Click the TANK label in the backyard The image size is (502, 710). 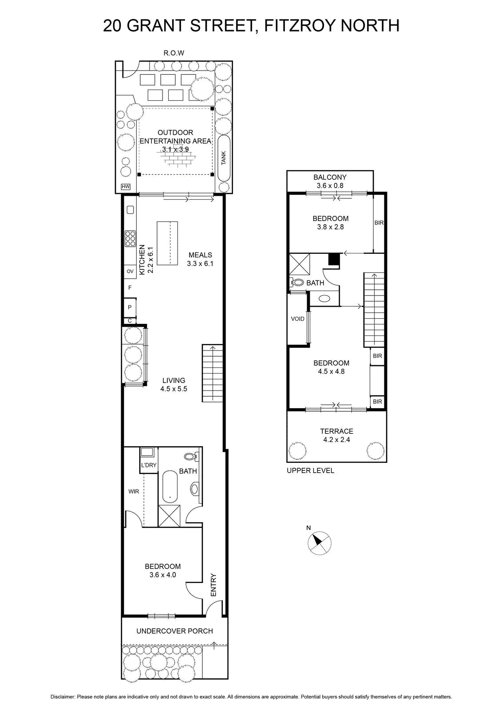click(224, 158)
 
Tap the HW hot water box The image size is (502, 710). click(126, 187)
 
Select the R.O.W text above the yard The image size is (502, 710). click(174, 53)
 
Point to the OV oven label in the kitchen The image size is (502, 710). click(130, 271)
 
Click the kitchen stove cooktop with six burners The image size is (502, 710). click(130, 239)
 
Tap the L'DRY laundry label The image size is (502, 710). click(149, 465)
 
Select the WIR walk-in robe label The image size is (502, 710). click(134, 491)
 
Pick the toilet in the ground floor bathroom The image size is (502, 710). click(191, 457)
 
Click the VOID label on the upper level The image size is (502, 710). click(297, 319)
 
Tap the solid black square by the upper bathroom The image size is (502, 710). click(334, 259)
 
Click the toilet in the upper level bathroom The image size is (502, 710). click(297, 282)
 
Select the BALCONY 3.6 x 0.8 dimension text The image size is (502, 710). click(330, 181)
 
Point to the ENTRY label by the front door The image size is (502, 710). click(213, 585)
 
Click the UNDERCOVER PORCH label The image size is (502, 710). click(174, 631)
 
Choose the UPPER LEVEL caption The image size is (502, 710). click(310, 471)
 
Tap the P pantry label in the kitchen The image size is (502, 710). click(130, 307)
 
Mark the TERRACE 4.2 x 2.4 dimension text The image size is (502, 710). click(336, 435)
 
